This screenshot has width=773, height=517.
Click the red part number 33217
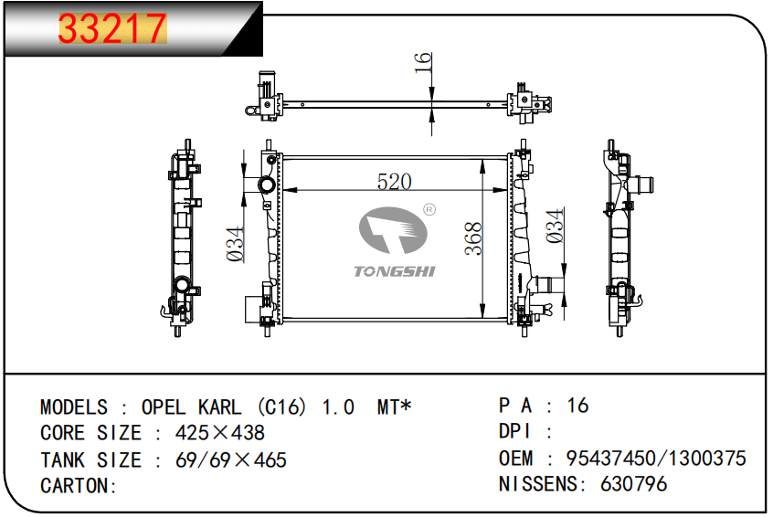tap(112, 28)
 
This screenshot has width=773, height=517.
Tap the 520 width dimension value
tap(394, 182)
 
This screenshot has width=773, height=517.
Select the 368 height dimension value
tap(473, 238)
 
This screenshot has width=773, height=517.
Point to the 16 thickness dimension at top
tap(423, 63)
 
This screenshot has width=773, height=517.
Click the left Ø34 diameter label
tap(235, 244)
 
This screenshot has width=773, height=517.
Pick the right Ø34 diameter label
tap(556, 226)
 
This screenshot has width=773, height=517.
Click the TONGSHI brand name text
tap(395, 271)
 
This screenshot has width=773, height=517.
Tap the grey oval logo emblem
tap(392, 230)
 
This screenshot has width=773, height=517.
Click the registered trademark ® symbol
tap(429, 210)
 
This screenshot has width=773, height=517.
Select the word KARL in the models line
tap(220, 407)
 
